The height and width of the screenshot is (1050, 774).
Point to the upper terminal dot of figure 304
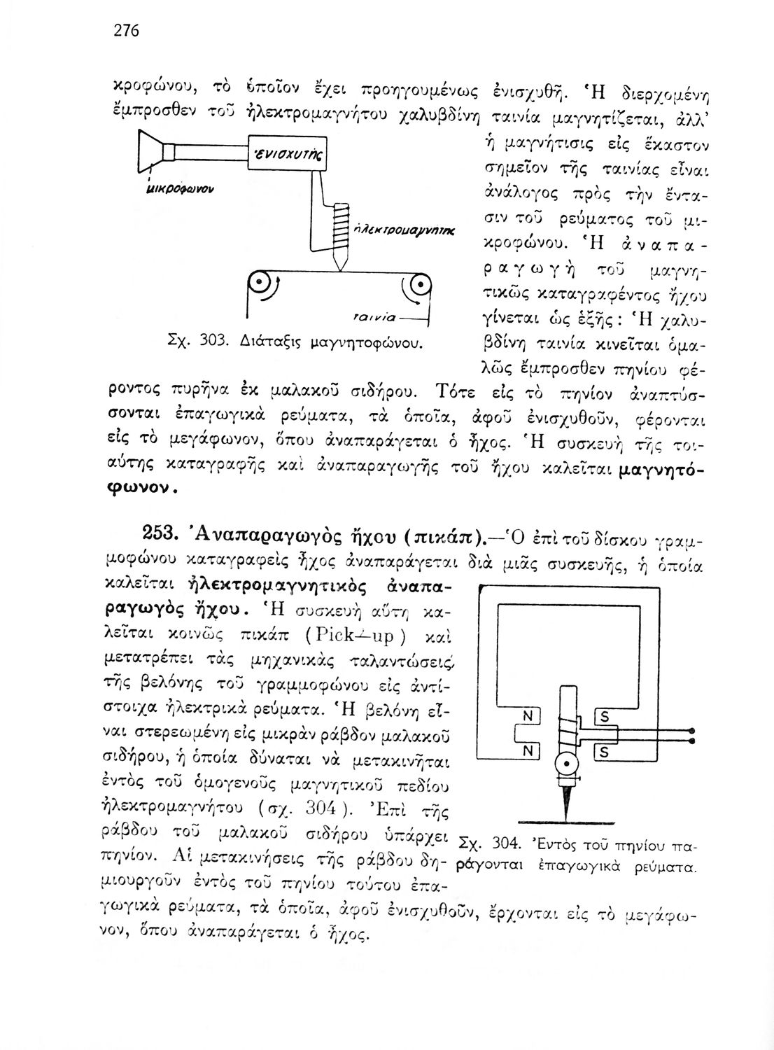693,729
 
